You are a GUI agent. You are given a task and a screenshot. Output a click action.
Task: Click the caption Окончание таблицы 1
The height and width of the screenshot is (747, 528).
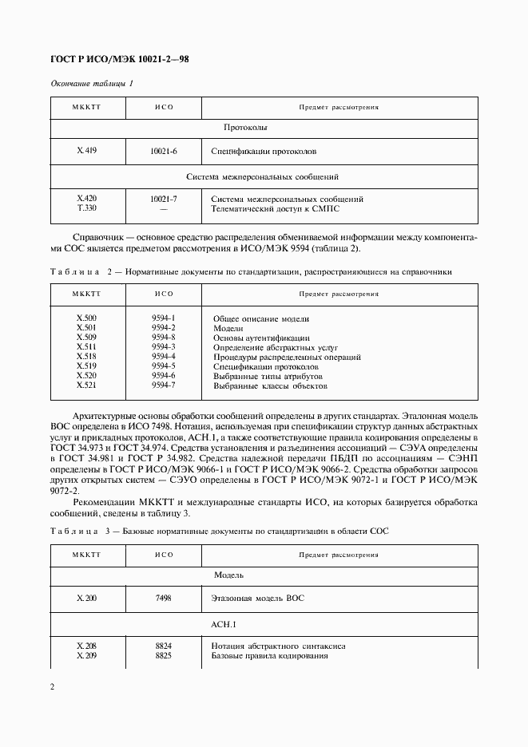(93, 84)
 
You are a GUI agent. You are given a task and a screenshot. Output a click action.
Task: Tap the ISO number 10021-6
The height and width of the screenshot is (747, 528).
(163, 150)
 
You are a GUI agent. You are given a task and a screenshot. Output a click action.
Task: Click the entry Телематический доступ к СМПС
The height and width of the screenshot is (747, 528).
(280, 208)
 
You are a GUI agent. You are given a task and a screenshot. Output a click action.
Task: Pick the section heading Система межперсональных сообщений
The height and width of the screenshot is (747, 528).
(263, 176)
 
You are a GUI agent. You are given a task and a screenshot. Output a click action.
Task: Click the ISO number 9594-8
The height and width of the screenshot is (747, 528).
(163, 338)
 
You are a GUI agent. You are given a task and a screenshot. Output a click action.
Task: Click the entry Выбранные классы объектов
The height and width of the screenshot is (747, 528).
(271, 385)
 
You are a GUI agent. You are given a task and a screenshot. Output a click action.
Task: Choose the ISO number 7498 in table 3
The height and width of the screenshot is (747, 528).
(163, 597)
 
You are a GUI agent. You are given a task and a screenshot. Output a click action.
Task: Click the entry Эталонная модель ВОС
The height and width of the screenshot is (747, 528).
(258, 597)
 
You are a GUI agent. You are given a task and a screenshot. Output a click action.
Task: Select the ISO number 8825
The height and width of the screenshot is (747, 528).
(163, 655)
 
